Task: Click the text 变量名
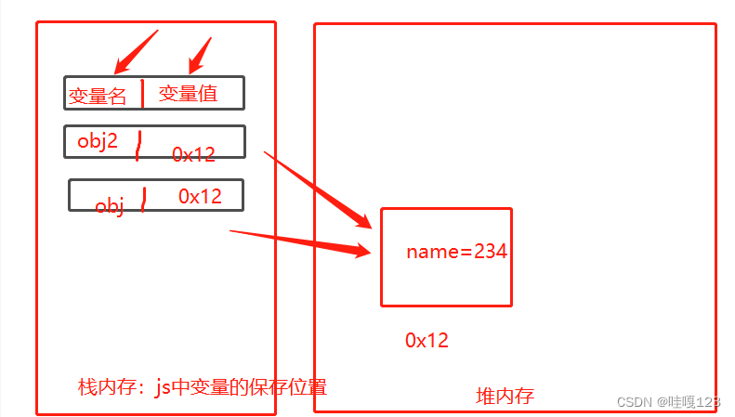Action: [x=97, y=96]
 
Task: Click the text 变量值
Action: [x=188, y=93]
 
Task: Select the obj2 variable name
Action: [x=98, y=142]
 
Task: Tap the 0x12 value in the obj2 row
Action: [x=193, y=155]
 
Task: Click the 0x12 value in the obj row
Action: [x=200, y=196]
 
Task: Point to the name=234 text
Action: [x=456, y=251]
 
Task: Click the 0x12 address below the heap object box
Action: [x=427, y=341]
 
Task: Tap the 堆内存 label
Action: [x=505, y=397]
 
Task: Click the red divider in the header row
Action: [x=142, y=93]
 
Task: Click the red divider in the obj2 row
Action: [x=138, y=145]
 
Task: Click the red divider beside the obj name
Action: [x=143, y=199]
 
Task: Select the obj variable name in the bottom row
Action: [x=110, y=205]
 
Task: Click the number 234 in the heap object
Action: [x=491, y=251]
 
